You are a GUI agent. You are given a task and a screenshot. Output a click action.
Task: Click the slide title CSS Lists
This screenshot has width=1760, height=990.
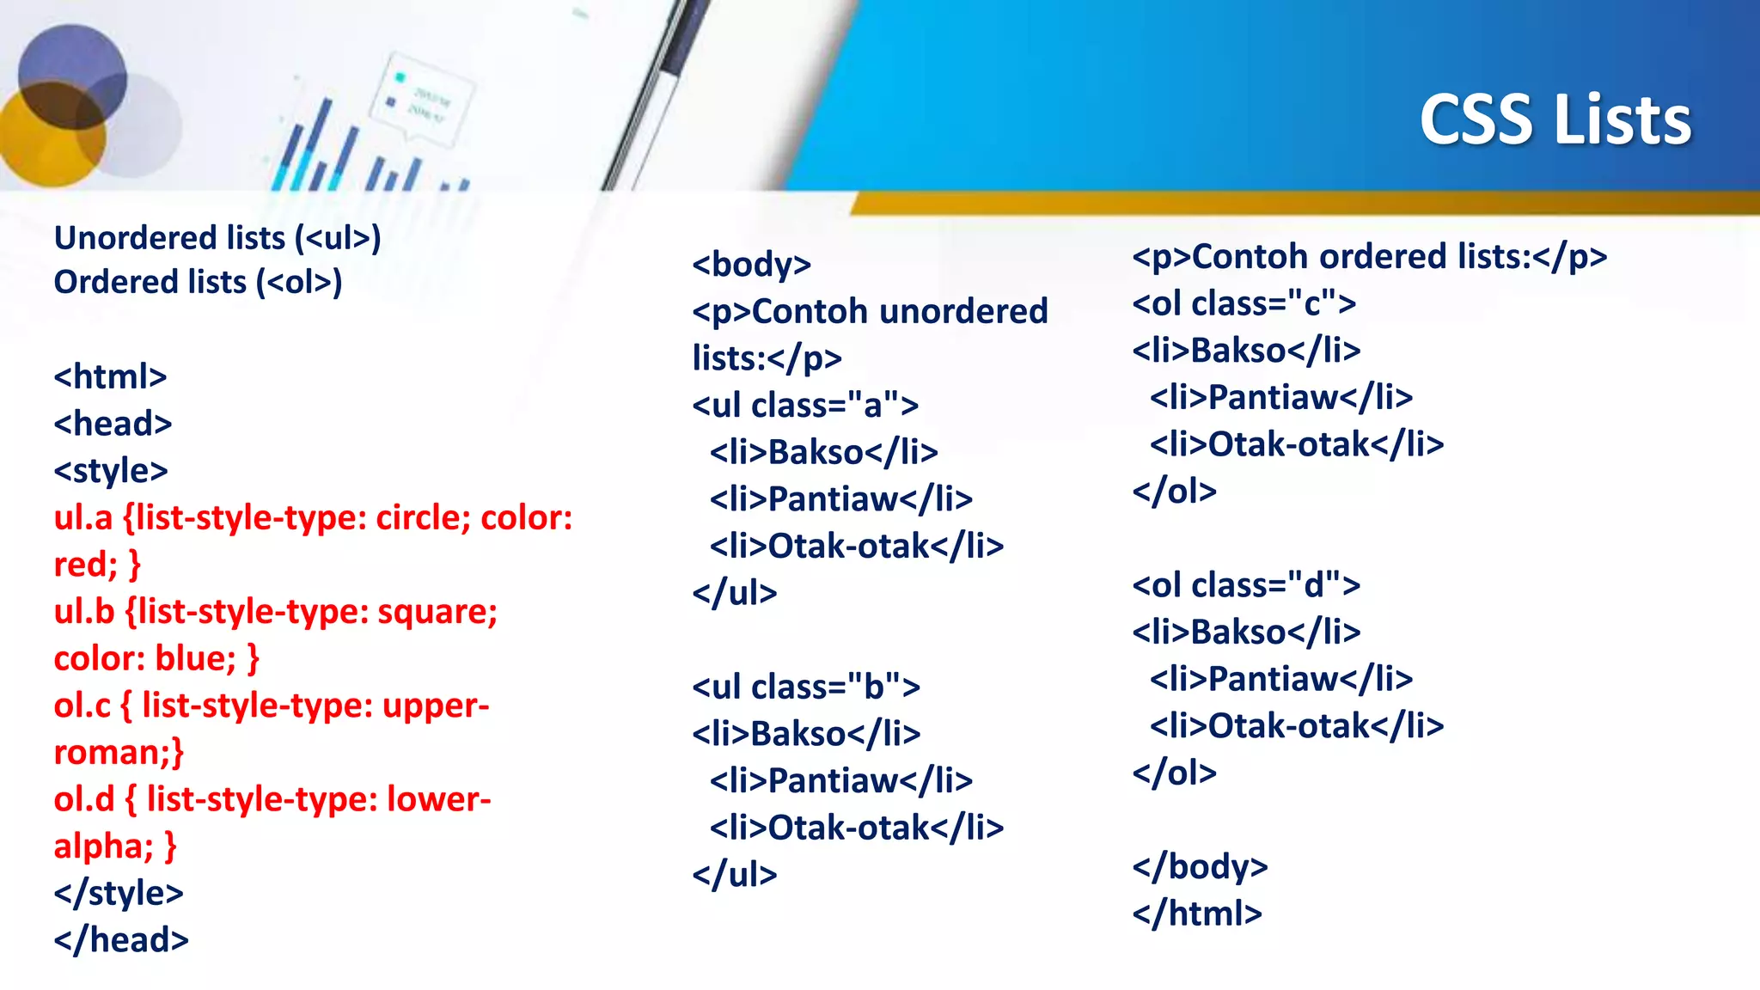tap(1555, 120)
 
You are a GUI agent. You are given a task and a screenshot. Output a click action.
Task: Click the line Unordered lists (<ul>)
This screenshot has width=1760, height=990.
tap(217, 238)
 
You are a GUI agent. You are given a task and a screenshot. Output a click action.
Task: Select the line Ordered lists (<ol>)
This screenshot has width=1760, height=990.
tap(198, 283)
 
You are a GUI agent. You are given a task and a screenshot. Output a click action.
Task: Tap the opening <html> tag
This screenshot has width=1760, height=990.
tap(110, 376)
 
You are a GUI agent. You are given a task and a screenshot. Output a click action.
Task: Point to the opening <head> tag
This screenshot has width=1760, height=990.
tap(113, 424)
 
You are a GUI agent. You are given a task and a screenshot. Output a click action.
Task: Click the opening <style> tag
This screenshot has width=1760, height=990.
tap(111, 471)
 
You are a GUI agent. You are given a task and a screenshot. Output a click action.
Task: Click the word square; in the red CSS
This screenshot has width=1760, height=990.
tap(437, 612)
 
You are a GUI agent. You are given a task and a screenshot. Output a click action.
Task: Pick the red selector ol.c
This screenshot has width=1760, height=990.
tap(82, 706)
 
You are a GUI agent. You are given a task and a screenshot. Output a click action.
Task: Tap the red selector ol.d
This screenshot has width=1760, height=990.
tap(83, 799)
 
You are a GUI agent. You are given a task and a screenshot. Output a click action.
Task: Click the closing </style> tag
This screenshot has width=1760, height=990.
tap(119, 894)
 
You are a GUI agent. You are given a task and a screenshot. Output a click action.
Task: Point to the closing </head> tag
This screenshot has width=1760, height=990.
tap(121, 940)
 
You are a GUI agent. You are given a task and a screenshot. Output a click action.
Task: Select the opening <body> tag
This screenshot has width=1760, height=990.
tap(751, 264)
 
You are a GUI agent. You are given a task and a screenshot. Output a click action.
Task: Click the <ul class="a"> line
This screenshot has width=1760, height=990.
tap(805, 405)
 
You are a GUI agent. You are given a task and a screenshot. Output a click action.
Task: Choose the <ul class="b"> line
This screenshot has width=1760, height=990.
tap(806, 687)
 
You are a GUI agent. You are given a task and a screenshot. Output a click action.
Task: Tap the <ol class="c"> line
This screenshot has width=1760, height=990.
tap(1244, 303)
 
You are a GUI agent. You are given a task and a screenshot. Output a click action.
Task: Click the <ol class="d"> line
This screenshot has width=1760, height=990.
tap(1246, 585)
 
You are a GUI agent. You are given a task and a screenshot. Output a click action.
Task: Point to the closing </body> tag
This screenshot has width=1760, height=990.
tap(1200, 866)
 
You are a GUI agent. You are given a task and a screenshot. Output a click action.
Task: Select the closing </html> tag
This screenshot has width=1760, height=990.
tap(1197, 914)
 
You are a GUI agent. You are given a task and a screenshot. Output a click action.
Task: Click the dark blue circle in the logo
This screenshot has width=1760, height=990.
tap(72, 76)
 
